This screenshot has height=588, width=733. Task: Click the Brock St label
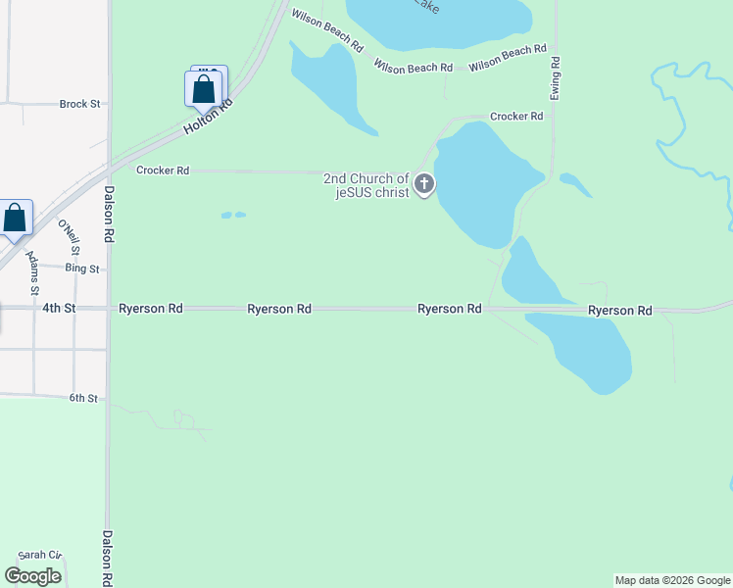[79, 104]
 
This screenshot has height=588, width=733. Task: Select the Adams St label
[33, 273]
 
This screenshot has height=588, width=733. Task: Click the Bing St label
[82, 269]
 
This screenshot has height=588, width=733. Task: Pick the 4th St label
[59, 308]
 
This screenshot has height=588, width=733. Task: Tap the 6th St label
[82, 398]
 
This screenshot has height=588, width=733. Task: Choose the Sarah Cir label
[39, 555]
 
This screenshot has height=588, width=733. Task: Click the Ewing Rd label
[556, 74]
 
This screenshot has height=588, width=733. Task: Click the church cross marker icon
[424, 182]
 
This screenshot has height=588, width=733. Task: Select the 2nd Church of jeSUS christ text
[366, 184]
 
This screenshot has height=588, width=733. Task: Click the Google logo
[33, 575]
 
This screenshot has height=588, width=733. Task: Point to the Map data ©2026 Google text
[672, 580]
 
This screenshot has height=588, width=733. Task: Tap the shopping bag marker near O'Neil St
[16, 219]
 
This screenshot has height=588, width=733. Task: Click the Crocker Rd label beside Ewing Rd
[516, 117]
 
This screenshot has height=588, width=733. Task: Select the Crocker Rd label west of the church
[163, 171]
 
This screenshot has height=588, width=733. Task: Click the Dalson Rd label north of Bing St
[110, 215]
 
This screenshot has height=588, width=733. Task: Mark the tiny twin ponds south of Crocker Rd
[233, 215]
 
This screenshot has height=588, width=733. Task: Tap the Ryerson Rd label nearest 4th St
[151, 308]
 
